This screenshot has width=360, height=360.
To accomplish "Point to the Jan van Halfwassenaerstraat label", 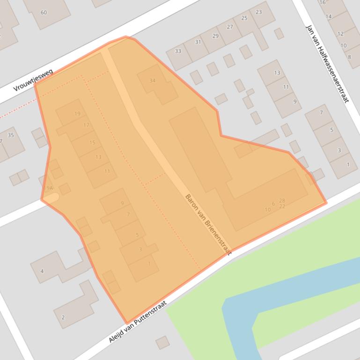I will pyautogui.click(x=327, y=64).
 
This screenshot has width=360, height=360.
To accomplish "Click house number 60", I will pyautogui.click(x=44, y=12).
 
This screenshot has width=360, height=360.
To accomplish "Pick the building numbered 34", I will pyautogui.click(x=152, y=80).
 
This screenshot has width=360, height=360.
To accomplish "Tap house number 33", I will pyautogui.click(x=178, y=51).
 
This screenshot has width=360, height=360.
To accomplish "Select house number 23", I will pyautogui.click(x=258, y=12).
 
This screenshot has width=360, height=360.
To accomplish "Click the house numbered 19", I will pyautogui.click(x=77, y=114).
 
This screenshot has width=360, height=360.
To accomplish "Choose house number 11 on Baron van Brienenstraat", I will pyautogui.click(x=107, y=171).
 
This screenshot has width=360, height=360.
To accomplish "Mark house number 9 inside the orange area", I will pyautogui.click(x=122, y=203).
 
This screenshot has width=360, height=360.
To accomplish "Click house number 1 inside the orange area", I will pyautogui.click(x=149, y=264).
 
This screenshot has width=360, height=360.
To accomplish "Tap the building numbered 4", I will pyautogui.click(x=42, y=271).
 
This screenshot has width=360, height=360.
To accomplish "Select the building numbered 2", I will pyautogui.click(x=63, y=317).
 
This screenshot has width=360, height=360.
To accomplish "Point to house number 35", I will pyautogui.click(x=11, y=135).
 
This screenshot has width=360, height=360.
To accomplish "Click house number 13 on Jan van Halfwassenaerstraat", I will pyautogui.click(x=277, y=72).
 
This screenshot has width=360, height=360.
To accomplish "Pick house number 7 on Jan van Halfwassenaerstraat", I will pyautogui.click(x=321, y=112).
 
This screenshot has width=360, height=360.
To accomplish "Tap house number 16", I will pyautogui.click(x=322, y=2).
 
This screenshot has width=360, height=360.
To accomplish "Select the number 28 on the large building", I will pyautogui.click(x=282, y=201).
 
